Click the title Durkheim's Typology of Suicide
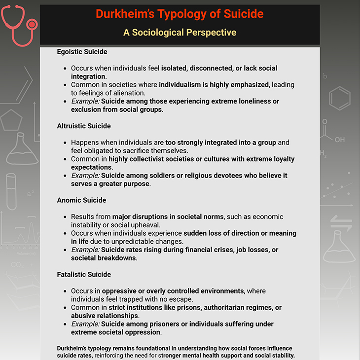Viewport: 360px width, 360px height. click(x=180, y=14)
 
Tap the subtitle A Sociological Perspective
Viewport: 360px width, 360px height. click(x=180, y=33)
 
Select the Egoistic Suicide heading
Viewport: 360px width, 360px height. click(x=82, y=51)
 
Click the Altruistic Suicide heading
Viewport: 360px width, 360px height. click(x=84, y=126)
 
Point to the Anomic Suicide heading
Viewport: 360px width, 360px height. click(x=81, y=200)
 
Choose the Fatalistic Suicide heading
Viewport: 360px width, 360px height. click(x=84, y=274)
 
